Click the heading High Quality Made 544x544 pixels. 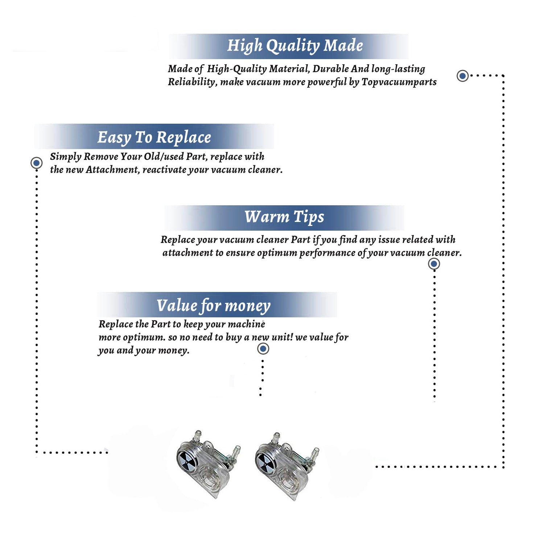pos(295,46)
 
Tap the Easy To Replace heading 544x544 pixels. pos(154,138)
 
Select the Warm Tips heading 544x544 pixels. pos(284,217)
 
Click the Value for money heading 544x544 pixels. pos(214,306)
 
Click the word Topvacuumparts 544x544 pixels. pos(399,82)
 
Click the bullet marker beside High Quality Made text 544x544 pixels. pos(462,76)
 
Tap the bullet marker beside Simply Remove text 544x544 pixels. pos(36,163)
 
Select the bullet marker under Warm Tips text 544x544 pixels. pos(434,264)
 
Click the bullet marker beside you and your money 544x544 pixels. pos(263,349)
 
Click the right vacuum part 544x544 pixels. pos(287,466)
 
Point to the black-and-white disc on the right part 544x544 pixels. pos(266,463)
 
